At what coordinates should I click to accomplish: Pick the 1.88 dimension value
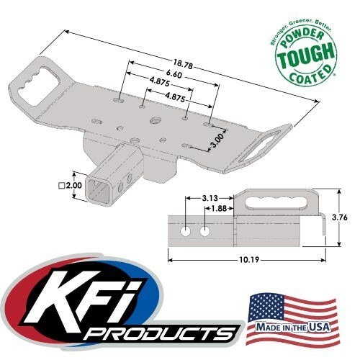tap(215, 210)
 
